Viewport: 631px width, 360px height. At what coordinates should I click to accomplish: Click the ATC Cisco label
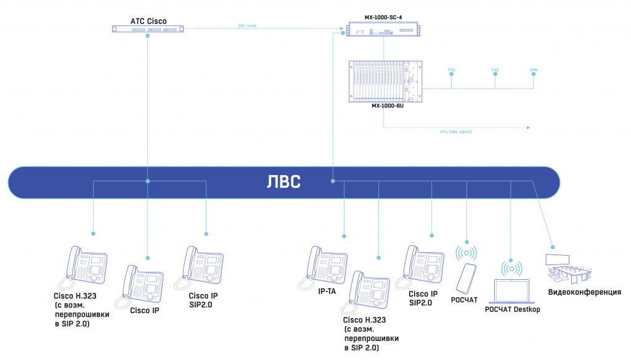click(149, 21)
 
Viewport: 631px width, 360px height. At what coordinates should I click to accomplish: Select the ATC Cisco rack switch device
click(149, 28)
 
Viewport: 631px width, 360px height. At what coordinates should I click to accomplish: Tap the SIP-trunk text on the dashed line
click(248, 25)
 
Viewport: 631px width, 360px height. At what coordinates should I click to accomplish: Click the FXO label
click(452, 70)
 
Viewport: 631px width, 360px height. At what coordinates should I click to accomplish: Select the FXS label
click(495, 70)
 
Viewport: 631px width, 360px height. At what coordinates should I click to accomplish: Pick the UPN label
click(534, 70)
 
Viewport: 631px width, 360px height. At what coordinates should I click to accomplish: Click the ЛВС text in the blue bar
click(284, 182)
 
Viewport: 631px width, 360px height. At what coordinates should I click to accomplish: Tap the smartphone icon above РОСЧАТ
click(466, 278)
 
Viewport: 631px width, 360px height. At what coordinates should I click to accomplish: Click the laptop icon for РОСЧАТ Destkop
click(511, 290)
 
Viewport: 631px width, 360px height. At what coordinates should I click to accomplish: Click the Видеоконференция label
click(585, 292)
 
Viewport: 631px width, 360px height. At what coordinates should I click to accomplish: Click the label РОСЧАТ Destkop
click(512, 309)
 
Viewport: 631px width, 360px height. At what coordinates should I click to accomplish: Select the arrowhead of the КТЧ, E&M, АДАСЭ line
click(529, 128)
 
